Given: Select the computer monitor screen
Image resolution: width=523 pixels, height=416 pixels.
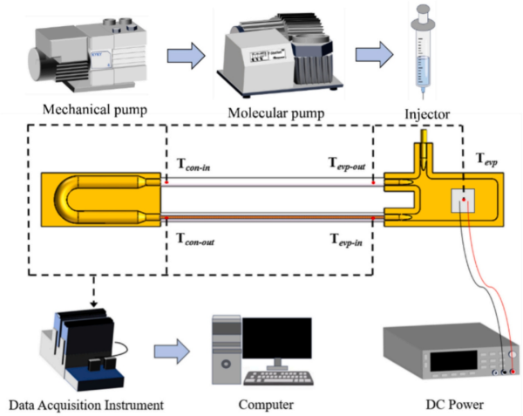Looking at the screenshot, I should (276, 341).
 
